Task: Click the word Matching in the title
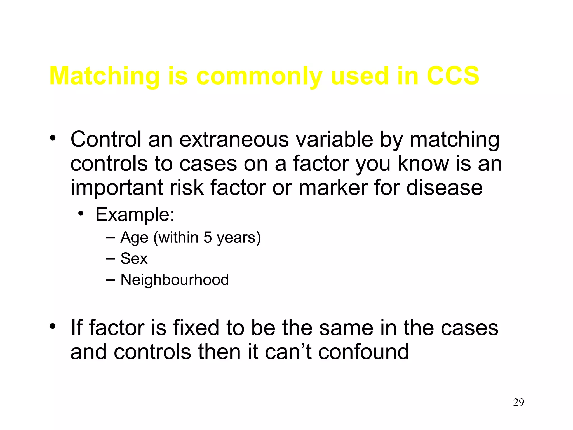104,76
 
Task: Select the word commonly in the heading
259,76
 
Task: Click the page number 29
518,402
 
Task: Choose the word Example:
135,215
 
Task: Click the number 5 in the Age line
207,237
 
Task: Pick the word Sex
134,258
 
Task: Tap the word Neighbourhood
175,280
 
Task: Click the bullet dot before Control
53,138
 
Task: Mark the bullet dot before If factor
53,326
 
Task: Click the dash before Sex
111,258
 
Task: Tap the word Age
134,238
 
